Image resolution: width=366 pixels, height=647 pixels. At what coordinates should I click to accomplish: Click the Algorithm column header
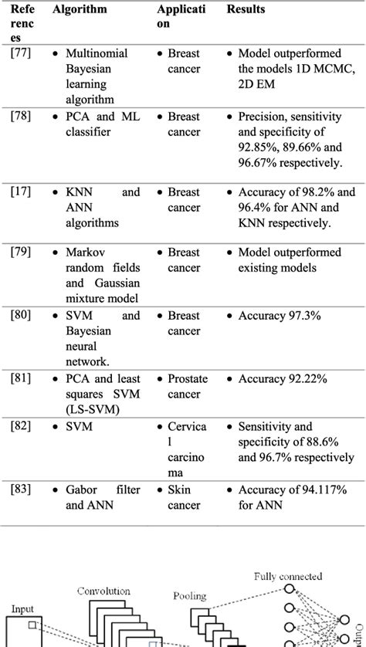pos(80,10)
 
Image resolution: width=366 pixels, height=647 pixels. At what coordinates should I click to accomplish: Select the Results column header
pos(246,10)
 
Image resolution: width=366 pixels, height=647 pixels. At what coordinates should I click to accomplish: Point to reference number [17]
pos(21,192)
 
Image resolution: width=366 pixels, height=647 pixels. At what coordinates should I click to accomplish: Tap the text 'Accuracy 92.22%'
pos(282,380)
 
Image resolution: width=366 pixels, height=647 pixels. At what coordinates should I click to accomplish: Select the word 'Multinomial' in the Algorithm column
pos(97,54)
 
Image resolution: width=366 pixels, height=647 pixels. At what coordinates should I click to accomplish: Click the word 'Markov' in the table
pos(85,252)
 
